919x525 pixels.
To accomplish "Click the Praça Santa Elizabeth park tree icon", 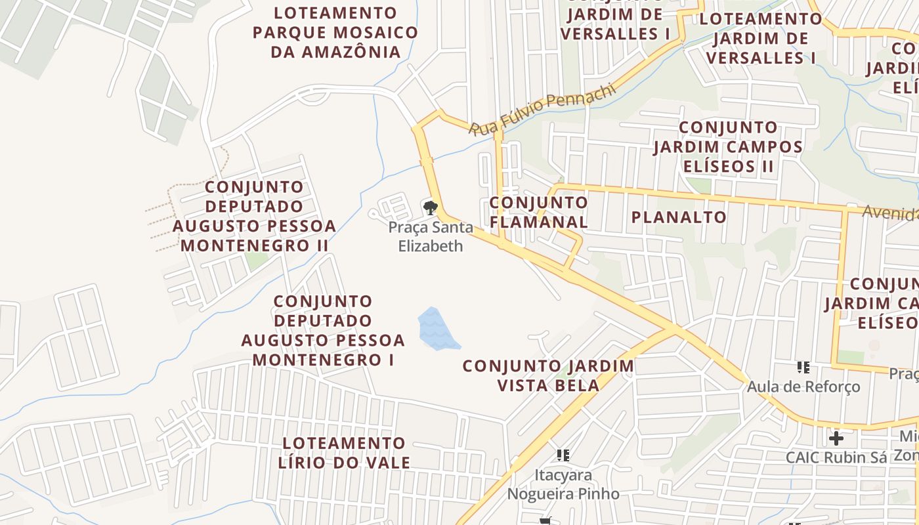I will click(x=430, y=209).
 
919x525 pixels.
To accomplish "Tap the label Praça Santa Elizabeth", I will click(x=430, y=237).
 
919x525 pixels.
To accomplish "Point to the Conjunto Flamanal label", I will click(x=538, y=212).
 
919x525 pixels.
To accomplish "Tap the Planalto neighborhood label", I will click(x=679, y=217).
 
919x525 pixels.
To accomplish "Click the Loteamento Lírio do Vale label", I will click(x=343, y=453).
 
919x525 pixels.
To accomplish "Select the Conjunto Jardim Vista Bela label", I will click(x=548, y=375).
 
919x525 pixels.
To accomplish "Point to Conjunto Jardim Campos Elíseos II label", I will click(x=728, y=146).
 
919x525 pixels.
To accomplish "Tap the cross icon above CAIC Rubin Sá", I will click(x=836, y=438).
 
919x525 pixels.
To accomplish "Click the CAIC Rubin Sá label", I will click(x=836, y=457).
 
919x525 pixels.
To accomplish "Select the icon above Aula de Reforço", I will click(x=803, y=367).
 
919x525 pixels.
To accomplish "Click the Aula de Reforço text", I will click(x=803, y=387).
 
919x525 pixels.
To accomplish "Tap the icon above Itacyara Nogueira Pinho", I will click(x=563, y=455).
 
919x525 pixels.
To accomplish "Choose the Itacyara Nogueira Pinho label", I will click(x=563, y=484).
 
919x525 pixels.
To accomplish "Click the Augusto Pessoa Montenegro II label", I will click(x=254, y=217).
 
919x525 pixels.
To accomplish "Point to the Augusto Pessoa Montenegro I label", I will click(x=322, y=331).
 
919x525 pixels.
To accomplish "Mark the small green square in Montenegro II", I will click(x=257, y=260).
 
